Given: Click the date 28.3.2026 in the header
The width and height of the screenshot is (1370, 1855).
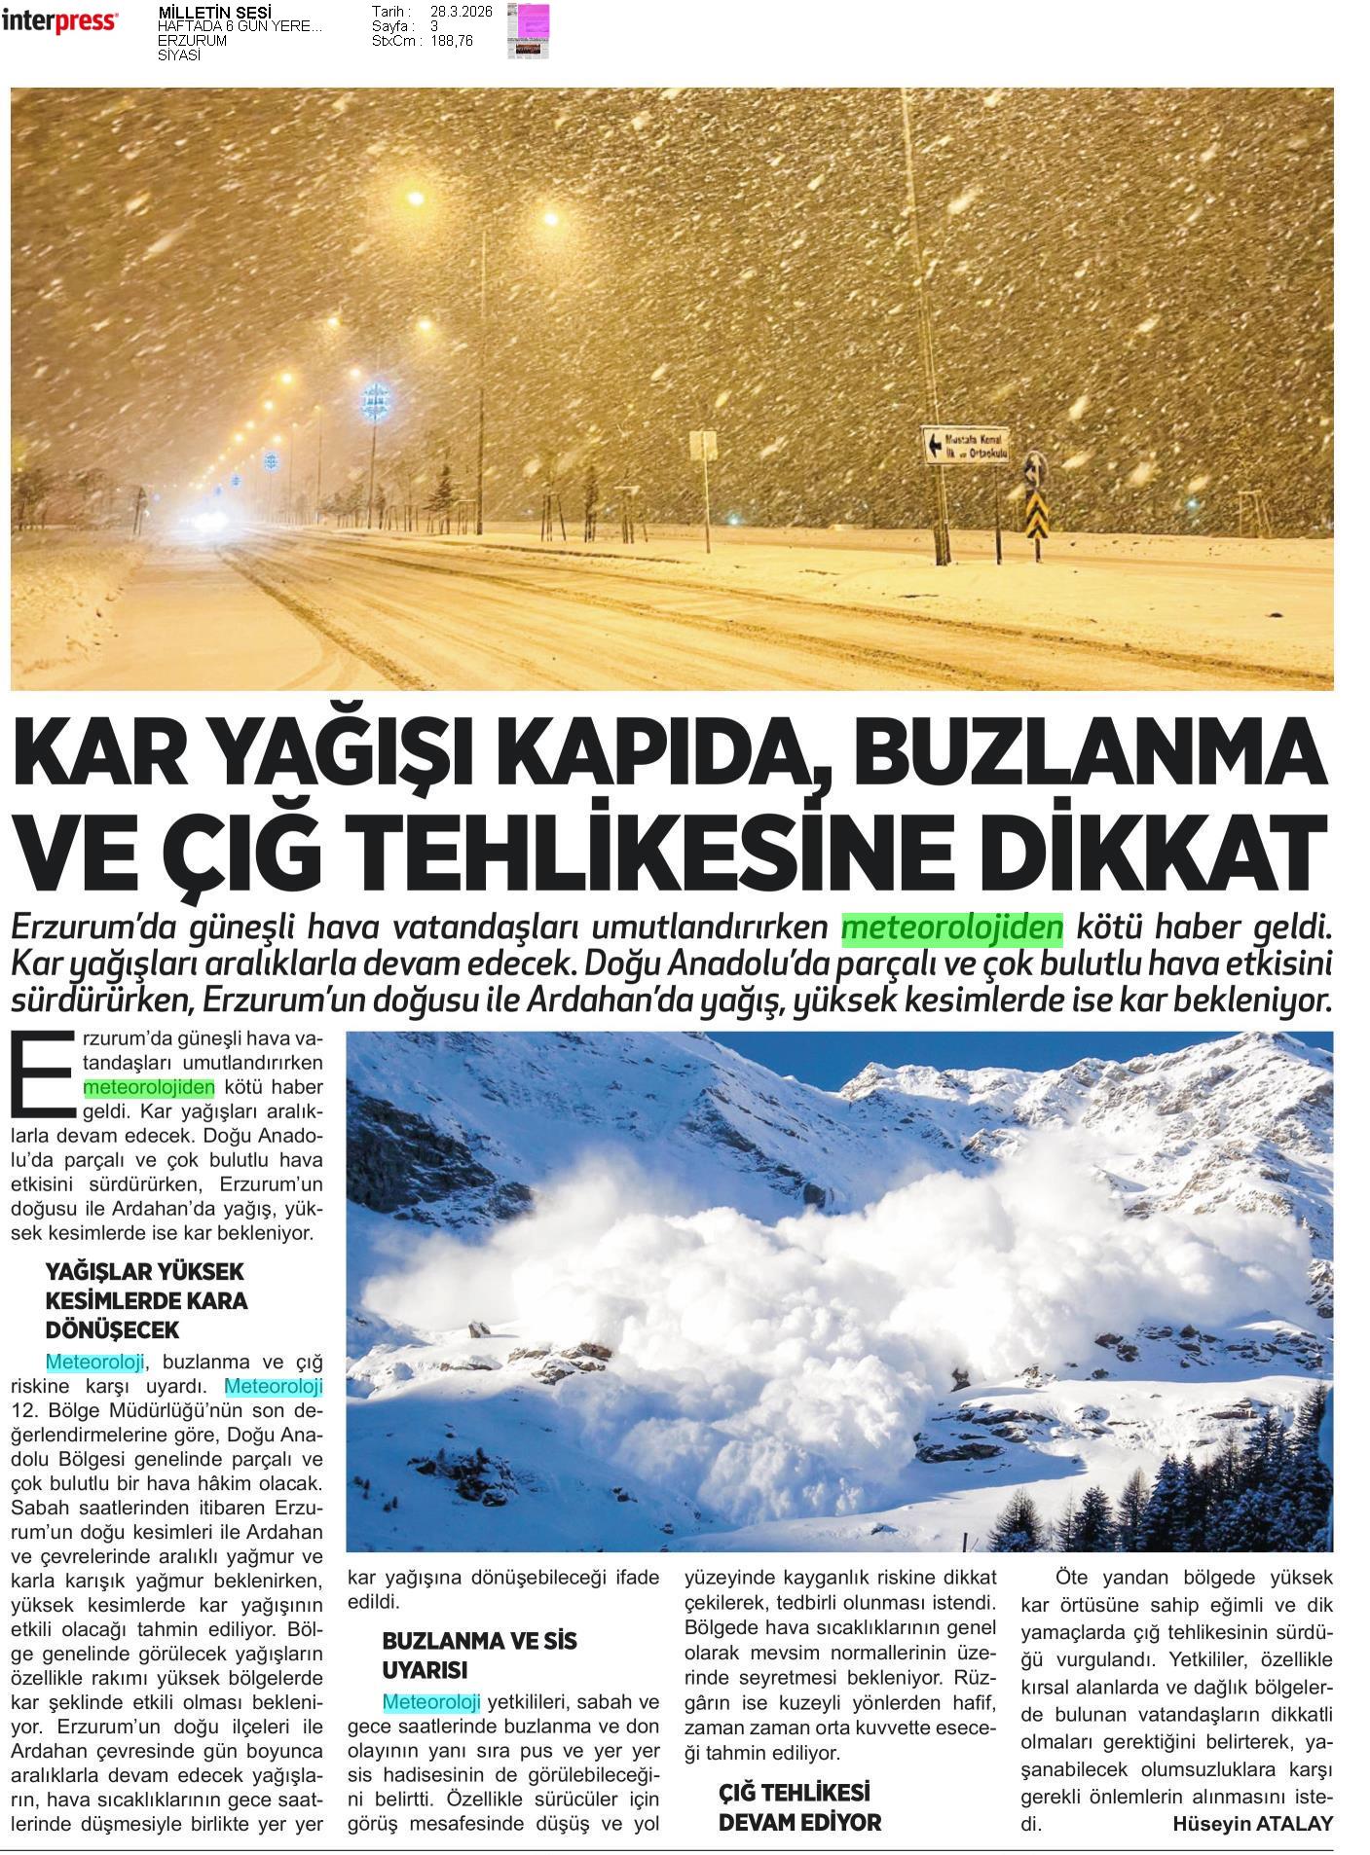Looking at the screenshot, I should pyautogui.click(x=461, y=12).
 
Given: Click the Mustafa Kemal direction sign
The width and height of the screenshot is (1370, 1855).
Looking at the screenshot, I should pyautogui.click(x=966, y=446).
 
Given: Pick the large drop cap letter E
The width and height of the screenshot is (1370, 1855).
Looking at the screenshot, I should pyautogui.click(x=40, y=1072).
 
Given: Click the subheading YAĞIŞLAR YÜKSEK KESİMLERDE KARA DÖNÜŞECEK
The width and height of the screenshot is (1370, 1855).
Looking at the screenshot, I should pyautogui.click(x=147, y=1300).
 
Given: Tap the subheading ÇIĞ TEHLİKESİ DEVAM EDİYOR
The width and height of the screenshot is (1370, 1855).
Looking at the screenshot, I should pyautogui.click(x=798, y=1807).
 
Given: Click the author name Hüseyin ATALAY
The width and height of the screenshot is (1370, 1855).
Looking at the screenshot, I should pyautogui.click(x=1252, y=1824).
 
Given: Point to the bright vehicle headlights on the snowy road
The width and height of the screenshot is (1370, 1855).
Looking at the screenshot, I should pyautogui.click(x=208, y=523).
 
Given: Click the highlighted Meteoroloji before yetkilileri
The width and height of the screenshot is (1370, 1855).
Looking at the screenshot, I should pyautogui.click(x=431, y=1702).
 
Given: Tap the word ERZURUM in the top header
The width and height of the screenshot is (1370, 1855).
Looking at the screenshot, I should pyautogui.click(x=192, y=41).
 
